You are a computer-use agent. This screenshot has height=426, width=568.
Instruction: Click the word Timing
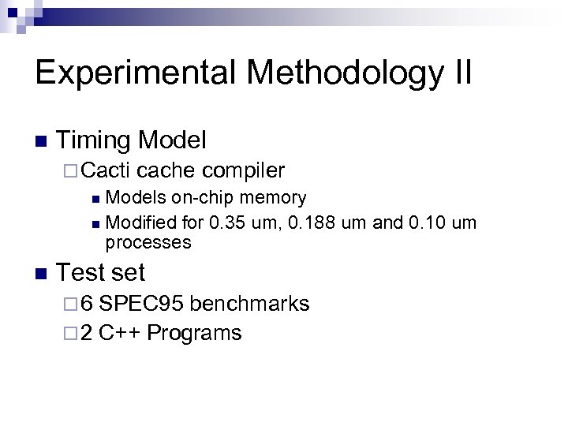(x=94, y=141)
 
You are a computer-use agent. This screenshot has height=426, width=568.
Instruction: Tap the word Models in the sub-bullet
(x=137, y=197)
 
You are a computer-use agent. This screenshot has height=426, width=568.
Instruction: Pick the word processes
(x=148, y=242)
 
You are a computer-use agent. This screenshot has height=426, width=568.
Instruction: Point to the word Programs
(x=194, y=333)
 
